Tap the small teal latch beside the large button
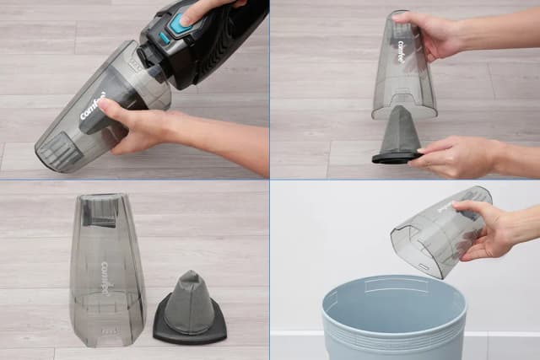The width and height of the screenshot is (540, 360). coord(163,39)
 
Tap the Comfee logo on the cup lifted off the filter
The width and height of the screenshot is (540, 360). coord(401,52)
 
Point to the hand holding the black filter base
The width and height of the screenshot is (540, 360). coord(460,156)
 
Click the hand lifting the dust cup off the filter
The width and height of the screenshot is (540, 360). coord(430,34)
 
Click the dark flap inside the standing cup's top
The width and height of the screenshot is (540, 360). coord(100,212)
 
